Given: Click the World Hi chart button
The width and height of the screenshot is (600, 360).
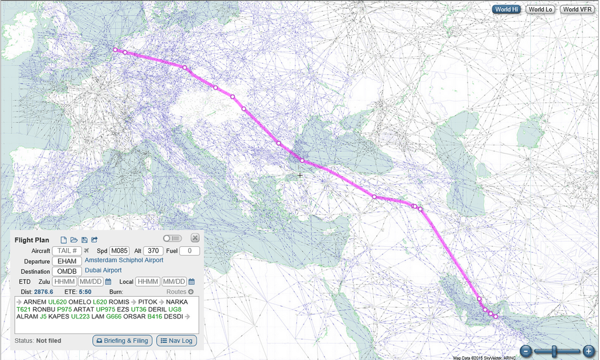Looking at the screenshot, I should click(507, 9).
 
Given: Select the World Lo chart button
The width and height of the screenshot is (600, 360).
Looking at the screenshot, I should click(540, 9).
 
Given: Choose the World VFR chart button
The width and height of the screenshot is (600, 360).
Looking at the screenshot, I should click(578, 9).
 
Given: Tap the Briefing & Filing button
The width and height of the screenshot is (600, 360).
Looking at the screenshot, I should click(122, 341).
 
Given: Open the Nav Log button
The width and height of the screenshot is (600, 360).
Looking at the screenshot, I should click(176, 341).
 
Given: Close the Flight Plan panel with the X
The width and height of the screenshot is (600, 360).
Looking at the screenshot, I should click(195, 238).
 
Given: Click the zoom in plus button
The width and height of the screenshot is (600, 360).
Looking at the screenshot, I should click(588, 351).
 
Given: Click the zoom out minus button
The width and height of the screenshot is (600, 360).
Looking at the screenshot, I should click(526, 351).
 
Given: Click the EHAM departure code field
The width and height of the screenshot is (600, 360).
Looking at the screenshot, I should click(67, 261).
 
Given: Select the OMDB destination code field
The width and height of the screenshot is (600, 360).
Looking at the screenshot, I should click(67, 271).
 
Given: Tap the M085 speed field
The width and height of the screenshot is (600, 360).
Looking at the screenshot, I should click(120, 251).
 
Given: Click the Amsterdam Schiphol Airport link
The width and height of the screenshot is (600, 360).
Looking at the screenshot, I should click(124, 260).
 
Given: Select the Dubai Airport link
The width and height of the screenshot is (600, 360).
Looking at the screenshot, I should click(103, 270).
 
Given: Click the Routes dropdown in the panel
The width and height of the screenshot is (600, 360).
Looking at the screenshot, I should click(179, 291).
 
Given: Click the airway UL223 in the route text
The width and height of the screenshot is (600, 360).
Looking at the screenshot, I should click(81, 317).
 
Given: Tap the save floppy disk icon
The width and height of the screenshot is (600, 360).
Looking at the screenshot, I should click(84, 240).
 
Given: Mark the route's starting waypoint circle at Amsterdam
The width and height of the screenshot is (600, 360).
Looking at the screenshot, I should click(115, 50).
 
